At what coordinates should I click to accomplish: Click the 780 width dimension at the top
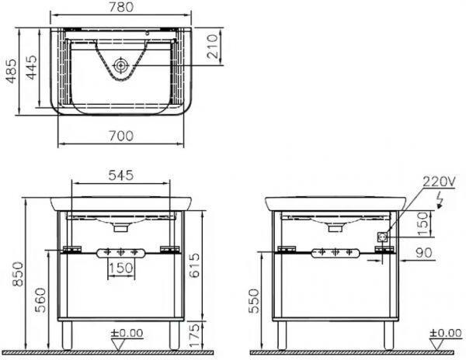[x=121, y=7]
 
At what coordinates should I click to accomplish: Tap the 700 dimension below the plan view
[x=121, y=136]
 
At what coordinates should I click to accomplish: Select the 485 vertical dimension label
[x=12, y=71]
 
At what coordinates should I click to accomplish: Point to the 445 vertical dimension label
[x=32, y=67]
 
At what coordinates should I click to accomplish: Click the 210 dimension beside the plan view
[x=213, y=47]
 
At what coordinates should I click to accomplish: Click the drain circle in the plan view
[x=120, y=65]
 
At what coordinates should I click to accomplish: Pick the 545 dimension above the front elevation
[x=121, y=175]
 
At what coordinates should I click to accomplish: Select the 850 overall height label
[x=18, y=274]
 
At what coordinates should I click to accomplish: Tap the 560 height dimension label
[x=40, y=299]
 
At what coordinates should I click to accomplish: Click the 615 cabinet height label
[x=194, y=265]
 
